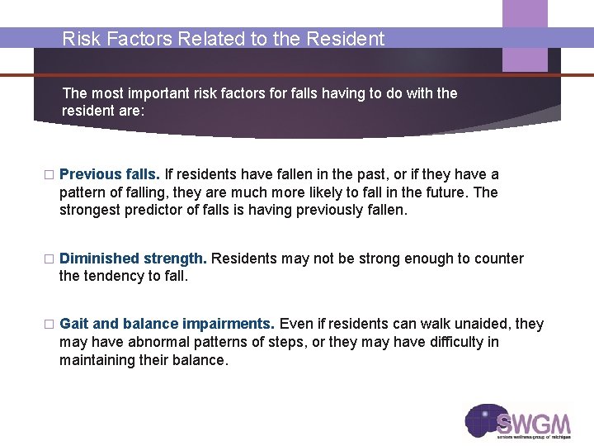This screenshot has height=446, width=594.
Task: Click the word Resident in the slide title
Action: (x=347, y=39)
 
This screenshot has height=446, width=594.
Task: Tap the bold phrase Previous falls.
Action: (x=110, y=174)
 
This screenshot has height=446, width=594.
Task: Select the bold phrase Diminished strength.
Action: (x=134, y=259)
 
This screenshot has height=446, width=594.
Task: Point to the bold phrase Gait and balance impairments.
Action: (x=167, y=324)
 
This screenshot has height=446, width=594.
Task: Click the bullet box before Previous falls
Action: (x=48, y=175)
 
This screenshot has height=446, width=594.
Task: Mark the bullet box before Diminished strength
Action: (x=48, y=259)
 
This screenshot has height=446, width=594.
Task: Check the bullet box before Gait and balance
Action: (x=48, y=325)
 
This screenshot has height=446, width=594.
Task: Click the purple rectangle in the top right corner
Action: (x=525, y=35)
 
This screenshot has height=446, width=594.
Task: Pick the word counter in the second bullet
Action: (x=499, y=259)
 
